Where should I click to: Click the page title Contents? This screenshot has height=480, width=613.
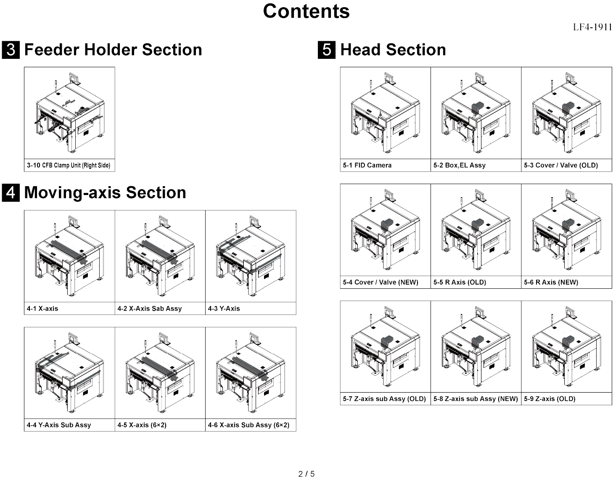(x=306, y=11)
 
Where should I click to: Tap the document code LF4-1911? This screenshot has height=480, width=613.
(x=592, y=27)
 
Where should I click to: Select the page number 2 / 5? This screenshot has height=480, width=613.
(x=306, y=474)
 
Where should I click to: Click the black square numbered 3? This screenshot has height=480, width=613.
(x=11, y=50)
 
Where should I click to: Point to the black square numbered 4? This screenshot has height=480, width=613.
(x=11, y=193)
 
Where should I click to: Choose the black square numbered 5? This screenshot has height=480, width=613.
(x=327, y=50)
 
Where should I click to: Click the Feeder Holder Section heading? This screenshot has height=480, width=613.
(x=113, y=50)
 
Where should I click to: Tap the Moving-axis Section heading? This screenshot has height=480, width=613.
(x=105, y=193)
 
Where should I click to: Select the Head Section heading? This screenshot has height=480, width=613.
(x=393, y=50)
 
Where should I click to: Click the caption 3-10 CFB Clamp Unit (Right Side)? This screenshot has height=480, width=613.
(x=69, y=165)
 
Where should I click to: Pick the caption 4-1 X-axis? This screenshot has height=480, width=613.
(x=42, y=309)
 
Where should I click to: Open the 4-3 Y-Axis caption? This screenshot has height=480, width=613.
(x=224, y=309)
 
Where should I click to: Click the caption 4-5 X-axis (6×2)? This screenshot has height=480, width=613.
(x=142, y=425)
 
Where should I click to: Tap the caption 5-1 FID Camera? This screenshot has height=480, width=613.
(x=367, y=165)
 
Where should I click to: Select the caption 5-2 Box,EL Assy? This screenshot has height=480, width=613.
(x=459, y=165)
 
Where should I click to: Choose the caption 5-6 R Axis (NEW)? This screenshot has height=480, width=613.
(x=551, y=282)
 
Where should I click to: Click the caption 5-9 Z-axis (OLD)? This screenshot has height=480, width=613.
(x=550, y=398)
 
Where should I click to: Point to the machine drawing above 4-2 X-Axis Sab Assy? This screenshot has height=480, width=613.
(x=160, y=256)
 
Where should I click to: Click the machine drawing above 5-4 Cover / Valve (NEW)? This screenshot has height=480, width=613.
(x=385, y=230)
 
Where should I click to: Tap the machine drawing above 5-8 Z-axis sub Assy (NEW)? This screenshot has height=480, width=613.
(x=476, y=347)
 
